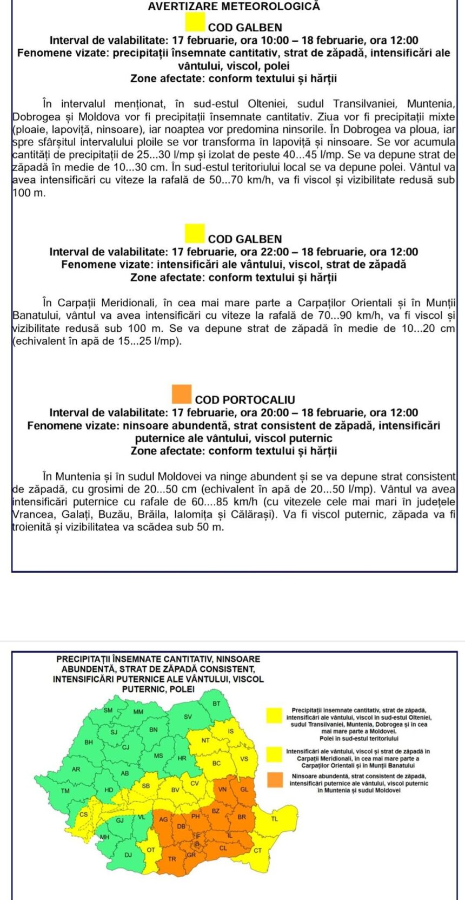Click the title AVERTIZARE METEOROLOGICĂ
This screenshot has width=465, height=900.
(x=234, y=6)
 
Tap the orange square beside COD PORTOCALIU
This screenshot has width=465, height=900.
(x=182, y=394)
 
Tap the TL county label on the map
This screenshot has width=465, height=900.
(x=274, y=819)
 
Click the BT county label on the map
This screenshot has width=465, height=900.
(x=216, y=704)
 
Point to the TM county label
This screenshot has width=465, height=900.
(x=65, y=791)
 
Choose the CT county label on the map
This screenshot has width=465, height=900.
(x=258, y=850)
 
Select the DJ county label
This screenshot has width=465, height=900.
(x=128, y=855)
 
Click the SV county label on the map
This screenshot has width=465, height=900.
(x=188, y=717)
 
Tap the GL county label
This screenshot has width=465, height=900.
(x=244, y=789)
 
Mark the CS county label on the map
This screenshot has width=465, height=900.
(x=84, y=814)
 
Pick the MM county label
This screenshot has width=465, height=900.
(x=138, y=712)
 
